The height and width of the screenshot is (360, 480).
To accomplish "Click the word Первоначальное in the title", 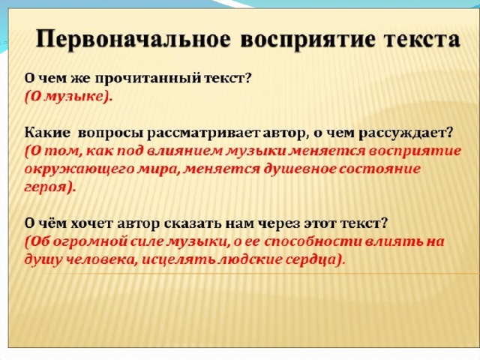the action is click(133, 39).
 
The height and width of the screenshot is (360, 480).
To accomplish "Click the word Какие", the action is click(47, 133).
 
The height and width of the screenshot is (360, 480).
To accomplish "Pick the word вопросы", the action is click(110, 134).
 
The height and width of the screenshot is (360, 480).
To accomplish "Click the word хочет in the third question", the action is click(91, 224).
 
